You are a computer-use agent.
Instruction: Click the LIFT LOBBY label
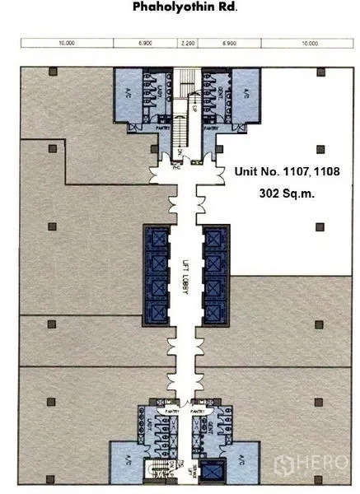click(x=187, y=284)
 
